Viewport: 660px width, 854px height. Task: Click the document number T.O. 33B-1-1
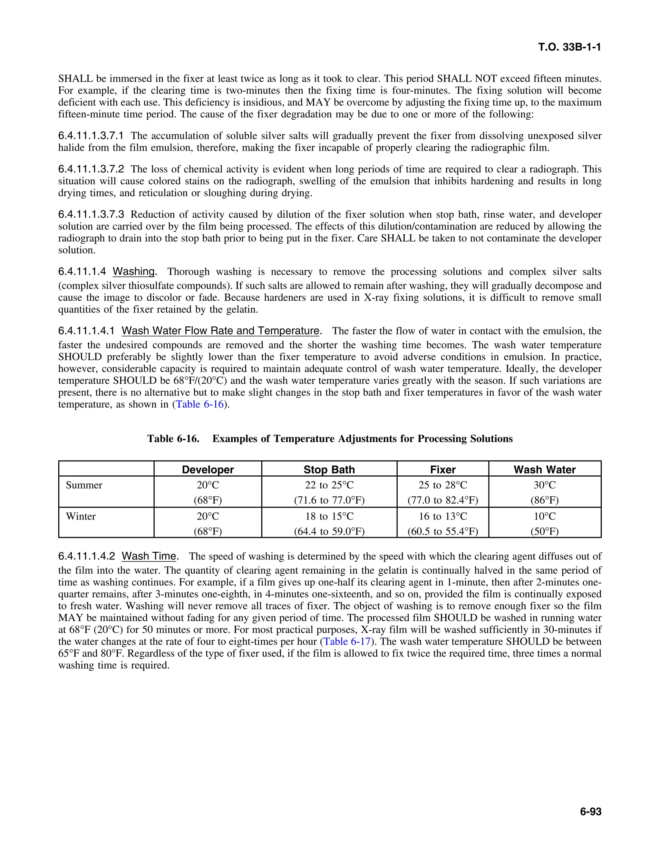pos(569,47)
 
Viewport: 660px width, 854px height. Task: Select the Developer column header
pos(208,469)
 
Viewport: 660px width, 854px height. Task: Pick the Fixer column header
pos(442,469)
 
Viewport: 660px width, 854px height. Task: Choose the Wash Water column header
pos(544,469)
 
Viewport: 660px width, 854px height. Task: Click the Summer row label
pos(84,485)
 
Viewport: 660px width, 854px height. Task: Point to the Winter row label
pos(81,516)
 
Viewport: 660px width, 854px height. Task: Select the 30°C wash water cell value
pos(544,485)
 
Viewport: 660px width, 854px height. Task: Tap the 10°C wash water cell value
pos(544,516)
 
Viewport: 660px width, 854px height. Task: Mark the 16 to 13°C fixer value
pos(442,516)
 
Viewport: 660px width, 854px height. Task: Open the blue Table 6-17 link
pos(347,641)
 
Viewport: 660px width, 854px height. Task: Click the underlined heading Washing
pos(134,271)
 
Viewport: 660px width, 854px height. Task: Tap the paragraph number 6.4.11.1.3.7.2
pos(91,169)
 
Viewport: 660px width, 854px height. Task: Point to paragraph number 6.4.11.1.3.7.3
pos(91,214)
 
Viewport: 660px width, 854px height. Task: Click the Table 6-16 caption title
pos(330,438)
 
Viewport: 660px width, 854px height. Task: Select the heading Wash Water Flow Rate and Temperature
pos(220,331)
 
